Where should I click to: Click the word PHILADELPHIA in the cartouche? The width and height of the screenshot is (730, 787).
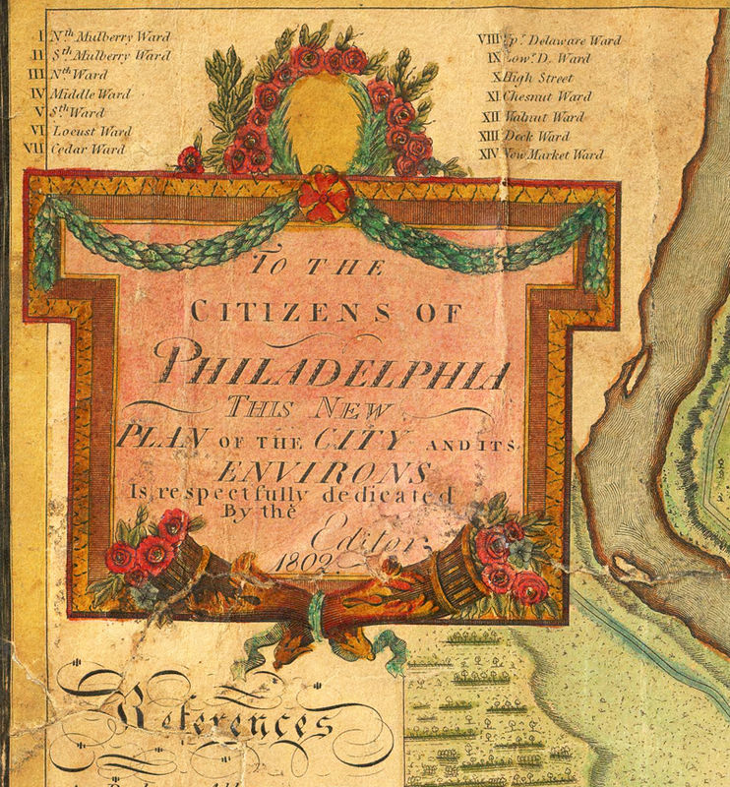click(335, 366)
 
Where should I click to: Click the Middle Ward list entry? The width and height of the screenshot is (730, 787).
click(91, 93)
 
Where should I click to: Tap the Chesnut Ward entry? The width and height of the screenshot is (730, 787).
click(546, 97)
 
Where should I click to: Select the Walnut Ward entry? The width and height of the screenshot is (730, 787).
click(542, 117)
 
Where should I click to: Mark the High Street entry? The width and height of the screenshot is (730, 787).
click(537, 78)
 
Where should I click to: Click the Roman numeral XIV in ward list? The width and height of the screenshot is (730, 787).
click(487, 154)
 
